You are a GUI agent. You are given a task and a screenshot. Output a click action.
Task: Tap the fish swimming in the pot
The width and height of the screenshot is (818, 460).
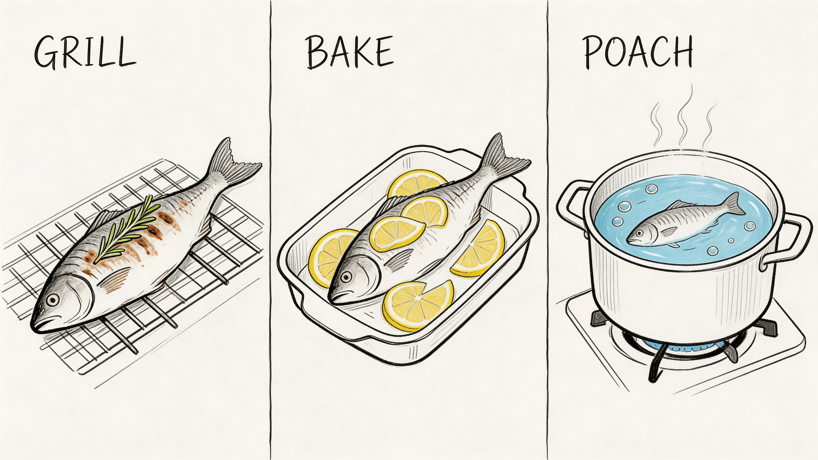pos(683,224)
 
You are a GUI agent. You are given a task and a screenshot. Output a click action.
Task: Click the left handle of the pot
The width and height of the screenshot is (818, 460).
pos(570,203)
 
